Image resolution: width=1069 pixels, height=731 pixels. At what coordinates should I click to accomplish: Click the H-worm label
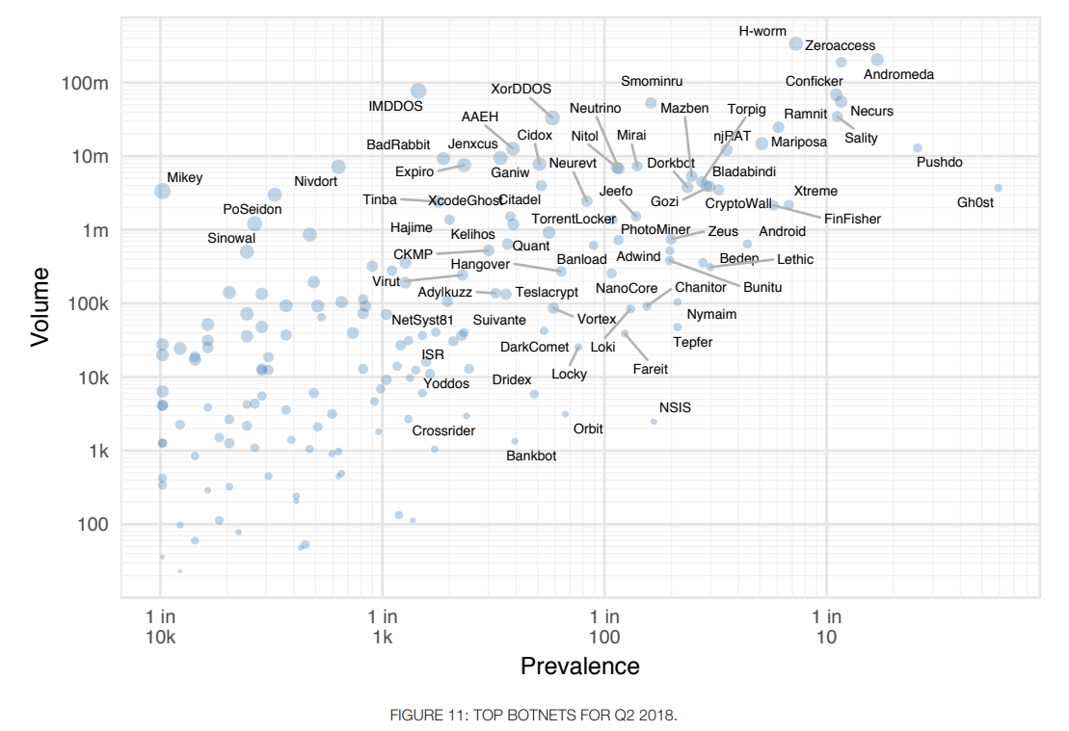[x=762, y=31]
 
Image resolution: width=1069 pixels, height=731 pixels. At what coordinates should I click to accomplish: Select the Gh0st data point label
[x=975, y=203]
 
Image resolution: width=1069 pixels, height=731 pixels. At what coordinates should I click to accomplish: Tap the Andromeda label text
[x=898, y=75]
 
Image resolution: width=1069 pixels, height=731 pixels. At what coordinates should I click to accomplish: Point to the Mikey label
[x=184, y=178]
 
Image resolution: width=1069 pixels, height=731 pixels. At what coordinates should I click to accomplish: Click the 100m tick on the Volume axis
[x=85, y=84]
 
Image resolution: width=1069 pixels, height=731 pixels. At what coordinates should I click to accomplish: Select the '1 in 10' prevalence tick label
[x=826, y=626]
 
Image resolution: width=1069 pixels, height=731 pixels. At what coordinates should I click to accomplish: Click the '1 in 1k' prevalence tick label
[x=383, y=626]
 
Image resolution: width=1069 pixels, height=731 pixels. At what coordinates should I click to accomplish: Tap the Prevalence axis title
[x=579, y=666]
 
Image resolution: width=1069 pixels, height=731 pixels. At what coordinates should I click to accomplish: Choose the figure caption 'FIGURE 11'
[x=533, y=716]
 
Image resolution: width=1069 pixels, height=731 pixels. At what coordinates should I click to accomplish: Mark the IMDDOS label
[x=395, y=106]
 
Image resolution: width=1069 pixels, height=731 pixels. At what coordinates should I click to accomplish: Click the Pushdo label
[x=939, y=162]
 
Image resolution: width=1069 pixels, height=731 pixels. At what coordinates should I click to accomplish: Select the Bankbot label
[x=531, y=456]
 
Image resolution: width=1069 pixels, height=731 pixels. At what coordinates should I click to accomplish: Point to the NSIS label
[x=675, y=407]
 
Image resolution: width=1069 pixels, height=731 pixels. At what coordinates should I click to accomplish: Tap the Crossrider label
[x=443, y=431]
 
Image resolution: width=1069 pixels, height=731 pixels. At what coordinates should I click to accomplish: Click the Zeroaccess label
[x=840, y=45]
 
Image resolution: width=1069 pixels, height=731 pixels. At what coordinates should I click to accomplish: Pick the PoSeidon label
[x=252, y=209]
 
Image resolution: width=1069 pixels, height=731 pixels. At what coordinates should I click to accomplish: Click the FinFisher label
[x=852, y=219]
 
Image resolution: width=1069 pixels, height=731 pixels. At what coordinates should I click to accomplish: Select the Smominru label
[x=652, y=82]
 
